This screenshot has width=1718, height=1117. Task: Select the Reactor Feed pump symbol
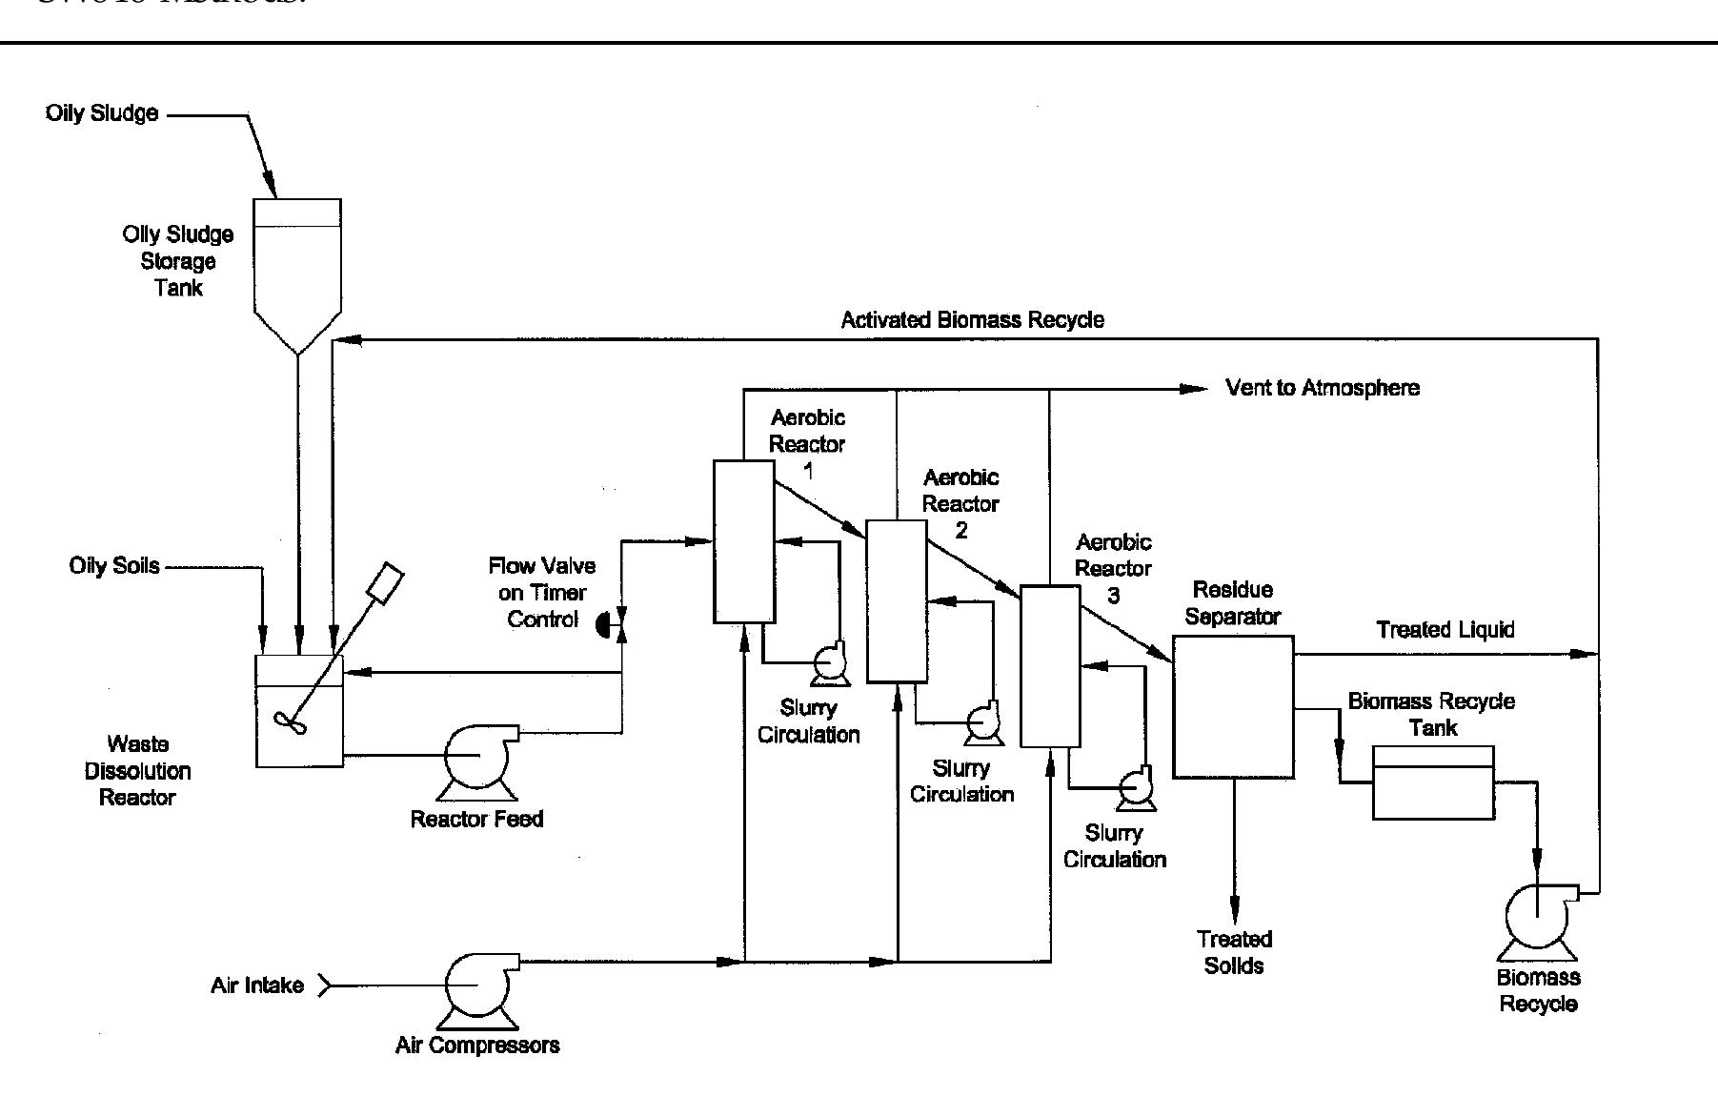[477, 758]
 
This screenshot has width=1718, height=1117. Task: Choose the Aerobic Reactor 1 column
[744, 541]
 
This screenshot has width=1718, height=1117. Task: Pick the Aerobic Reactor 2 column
[897, 601]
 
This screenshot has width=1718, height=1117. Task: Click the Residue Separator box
[1233, 706]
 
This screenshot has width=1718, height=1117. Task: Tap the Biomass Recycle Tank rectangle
[1433, 782]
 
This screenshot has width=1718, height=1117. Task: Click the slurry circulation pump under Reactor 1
[828, 663]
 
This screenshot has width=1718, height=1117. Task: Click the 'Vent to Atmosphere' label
[1323, 388]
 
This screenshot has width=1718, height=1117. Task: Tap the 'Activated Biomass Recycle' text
[972, 320]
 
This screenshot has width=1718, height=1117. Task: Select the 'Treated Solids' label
[1234, 952]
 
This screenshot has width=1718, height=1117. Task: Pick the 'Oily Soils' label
[114, 566]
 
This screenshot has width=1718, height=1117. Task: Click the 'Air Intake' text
[257, 985]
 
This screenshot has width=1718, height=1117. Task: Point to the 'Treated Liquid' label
[1445, 630]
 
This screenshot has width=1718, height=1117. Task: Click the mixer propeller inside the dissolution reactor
[290, 721]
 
